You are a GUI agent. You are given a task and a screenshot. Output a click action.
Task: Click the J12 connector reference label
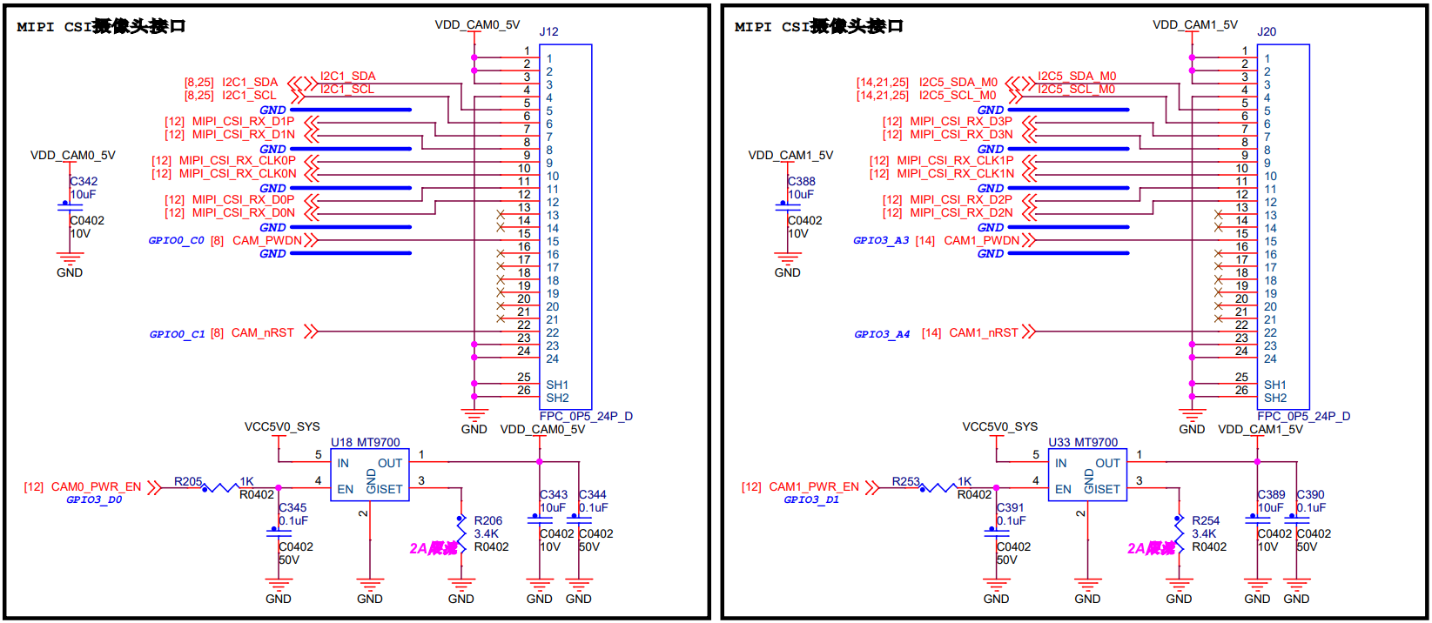point(548,31)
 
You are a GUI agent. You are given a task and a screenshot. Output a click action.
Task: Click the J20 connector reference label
point(1267,31)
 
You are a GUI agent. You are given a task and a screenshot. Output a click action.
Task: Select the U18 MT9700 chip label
point(366,442)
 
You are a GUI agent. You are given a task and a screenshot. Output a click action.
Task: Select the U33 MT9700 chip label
point(1083,442)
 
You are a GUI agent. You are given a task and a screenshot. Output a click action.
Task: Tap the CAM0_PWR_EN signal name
point(96,486)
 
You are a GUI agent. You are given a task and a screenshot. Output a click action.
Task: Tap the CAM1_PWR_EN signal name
point(814,486)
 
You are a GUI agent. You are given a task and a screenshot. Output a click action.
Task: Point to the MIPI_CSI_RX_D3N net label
point(961,134)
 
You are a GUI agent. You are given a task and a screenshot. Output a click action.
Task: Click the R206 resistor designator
point(487,520)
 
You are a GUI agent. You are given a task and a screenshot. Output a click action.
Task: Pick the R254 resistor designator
point(1206,520)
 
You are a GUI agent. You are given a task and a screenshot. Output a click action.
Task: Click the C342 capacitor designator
point(84,181)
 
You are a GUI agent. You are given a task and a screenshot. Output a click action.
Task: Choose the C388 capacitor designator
point(802,181)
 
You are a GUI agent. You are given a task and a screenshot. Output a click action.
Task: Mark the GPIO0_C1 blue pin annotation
point(177,333)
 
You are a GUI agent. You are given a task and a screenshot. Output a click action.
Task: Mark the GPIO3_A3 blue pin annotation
point(881,240)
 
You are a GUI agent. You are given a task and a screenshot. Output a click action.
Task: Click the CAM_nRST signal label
point(262,332)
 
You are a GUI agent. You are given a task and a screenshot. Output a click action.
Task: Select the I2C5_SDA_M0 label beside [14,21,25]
point(958,82)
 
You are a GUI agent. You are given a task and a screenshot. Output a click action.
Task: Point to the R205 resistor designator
point(188,481)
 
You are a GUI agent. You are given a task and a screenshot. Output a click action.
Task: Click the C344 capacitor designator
point(592,494)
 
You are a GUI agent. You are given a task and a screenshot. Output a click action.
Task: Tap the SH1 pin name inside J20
point(1274,385)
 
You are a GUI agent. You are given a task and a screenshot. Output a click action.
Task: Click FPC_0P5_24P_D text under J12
point(586,416)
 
